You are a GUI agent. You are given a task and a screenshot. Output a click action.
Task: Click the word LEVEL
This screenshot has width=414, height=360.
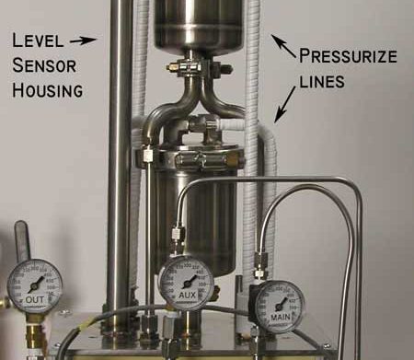(x=36, y=40)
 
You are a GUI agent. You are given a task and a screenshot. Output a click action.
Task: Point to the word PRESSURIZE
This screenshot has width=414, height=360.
(x=349, y=55)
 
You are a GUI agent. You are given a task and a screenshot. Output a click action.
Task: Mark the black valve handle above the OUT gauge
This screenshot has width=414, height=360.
(x=21, y=241)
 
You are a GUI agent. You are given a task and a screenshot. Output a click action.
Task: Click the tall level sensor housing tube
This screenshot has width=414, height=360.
(x=120, y=166)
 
